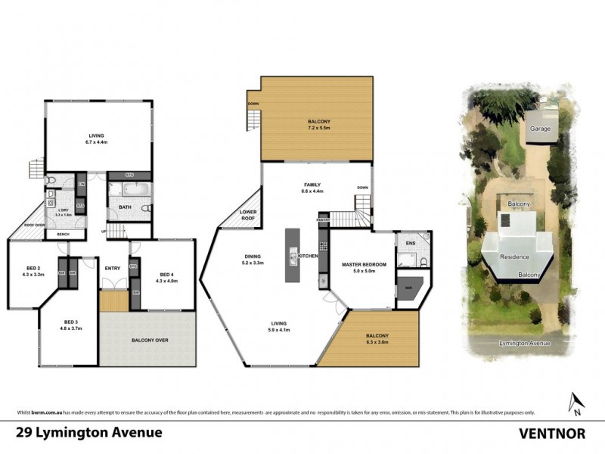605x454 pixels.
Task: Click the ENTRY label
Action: coord(113,268)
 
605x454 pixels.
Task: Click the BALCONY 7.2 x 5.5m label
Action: coord(318,125)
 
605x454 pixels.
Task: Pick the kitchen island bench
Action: coord(292,257)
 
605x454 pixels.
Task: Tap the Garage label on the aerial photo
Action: coord(540,129)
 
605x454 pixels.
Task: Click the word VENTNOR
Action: coord(553,434)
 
